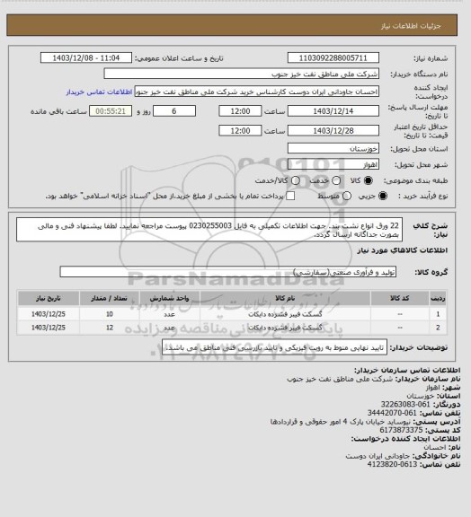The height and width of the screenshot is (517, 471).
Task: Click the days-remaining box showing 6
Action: pos(174,111)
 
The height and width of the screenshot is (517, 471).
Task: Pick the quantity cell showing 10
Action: pos(111,313)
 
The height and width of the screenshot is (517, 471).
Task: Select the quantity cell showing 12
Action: pos(111,329)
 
